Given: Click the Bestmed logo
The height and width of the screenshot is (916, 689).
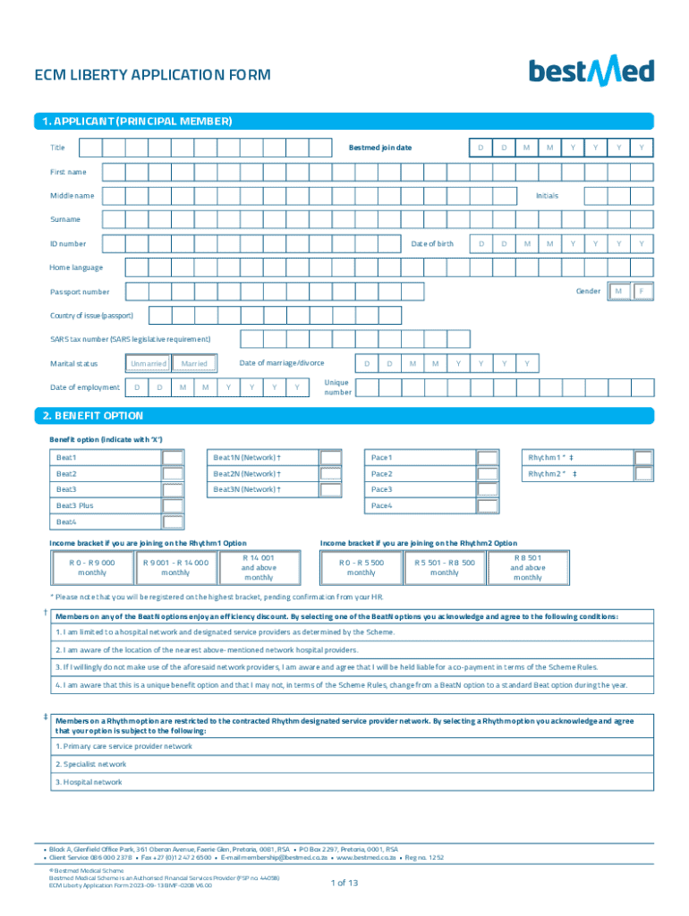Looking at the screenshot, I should coord(591,71).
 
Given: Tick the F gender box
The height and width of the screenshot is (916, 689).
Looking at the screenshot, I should coord(642,292).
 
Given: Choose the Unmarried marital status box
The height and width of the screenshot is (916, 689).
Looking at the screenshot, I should coord(148,364).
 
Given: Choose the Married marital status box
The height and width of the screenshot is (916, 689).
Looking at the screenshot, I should coord(194,364).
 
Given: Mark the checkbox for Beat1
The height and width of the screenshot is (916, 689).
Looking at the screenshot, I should coord(173,458).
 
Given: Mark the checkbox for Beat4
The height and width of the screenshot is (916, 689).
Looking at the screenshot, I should coord(173,522).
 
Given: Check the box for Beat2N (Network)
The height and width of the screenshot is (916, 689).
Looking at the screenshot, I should coord(330,474).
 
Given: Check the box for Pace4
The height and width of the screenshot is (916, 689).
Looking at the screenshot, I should coord(488,506).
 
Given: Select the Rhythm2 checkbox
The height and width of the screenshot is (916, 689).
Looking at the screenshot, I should coord(643,474).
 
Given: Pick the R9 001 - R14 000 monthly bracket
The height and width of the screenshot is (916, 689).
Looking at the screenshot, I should coord(175,567).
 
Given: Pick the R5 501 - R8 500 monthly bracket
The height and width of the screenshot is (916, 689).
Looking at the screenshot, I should coord(444,567).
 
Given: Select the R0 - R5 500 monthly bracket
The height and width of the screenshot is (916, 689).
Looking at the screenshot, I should coord(361,567).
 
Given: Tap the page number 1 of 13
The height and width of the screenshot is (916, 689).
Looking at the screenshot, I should coord(344,883).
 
